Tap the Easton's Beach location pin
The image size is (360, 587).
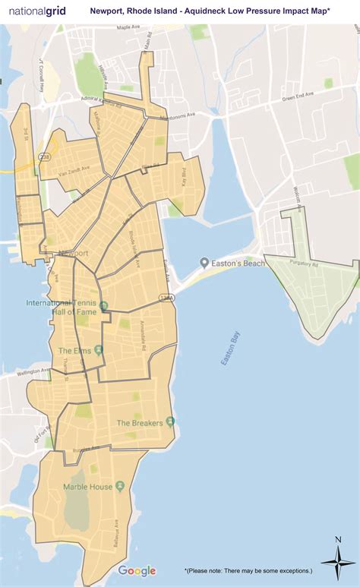[204, 263]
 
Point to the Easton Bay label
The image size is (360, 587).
[232, 350]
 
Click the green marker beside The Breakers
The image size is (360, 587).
[171, 422]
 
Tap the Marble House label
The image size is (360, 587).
[88, 487]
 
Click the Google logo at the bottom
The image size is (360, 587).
[137, 571]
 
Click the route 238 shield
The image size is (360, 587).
[44, 157]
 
